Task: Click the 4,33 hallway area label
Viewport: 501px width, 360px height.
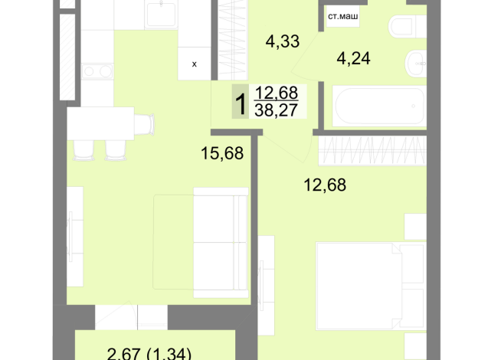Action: (283, 42)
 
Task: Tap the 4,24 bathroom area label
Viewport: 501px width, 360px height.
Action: (353, 59)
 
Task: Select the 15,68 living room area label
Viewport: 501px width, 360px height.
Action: (222, 153)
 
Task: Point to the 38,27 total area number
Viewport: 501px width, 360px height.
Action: (276, 110)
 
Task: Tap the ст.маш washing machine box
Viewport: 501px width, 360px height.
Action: (343, 16)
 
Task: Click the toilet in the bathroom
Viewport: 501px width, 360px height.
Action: (408, 27)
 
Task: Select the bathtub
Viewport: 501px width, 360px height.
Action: (379, 106)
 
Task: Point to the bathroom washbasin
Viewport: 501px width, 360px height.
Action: (416, 64)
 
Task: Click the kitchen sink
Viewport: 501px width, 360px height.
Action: (161, 15)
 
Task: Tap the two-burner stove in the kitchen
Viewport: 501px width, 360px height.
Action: (97, 71)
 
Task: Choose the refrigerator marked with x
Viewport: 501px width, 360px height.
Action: (195, 64)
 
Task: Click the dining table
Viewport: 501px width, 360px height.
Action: (100, 123)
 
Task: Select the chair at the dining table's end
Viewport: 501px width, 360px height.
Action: (145, 124)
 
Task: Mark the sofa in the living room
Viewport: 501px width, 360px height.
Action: (221, 243)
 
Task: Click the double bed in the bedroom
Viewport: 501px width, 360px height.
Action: (371, 286)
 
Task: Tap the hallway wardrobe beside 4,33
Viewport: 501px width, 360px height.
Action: (232, 40)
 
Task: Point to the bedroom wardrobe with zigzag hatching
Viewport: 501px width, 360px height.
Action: (372, 151)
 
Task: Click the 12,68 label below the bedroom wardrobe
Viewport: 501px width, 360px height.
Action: (325, 185)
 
